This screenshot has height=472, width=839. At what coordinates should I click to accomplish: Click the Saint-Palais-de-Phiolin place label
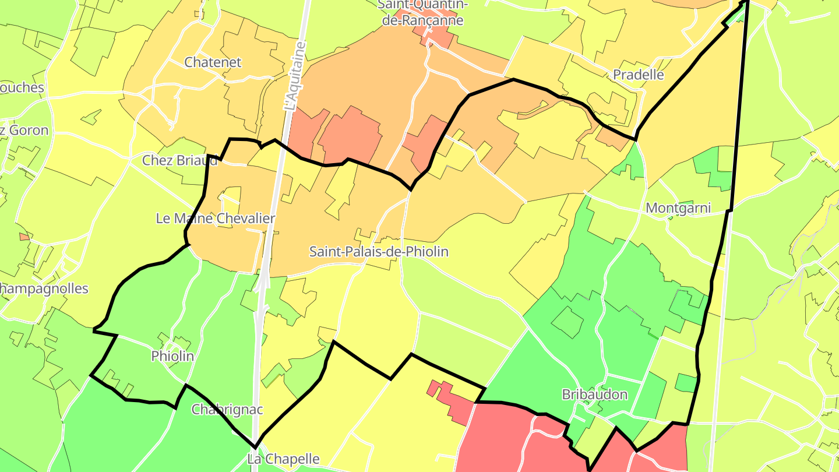[379, 252]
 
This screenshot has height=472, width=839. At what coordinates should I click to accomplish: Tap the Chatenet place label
[213, 62]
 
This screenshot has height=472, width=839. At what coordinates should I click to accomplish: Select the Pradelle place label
[638, 75]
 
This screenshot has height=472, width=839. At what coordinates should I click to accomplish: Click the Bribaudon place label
[594, 394]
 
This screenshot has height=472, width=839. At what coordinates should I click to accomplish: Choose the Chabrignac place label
[227, 409]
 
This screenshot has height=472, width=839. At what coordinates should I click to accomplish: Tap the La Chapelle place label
[283, 459]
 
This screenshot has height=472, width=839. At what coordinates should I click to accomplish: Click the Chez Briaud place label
[180, 160]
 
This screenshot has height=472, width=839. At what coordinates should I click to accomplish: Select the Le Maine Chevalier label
[215, 219]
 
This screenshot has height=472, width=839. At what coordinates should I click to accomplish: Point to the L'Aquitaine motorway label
[295, 76]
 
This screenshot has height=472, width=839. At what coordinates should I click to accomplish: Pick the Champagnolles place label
[44, 288]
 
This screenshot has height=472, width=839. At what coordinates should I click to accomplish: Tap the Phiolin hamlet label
[172, 356]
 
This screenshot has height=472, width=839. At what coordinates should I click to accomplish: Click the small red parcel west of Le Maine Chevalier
[24, 237]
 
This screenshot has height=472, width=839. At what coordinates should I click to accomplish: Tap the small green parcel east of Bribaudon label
[686, 383]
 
